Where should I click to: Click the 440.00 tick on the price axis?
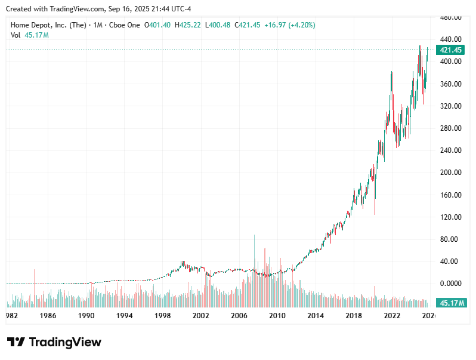(x=450, y=39)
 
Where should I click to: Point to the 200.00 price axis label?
(x=450, y=173)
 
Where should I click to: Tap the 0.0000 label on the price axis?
(x=450, y=284)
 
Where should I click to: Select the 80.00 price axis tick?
(x=450, y=239)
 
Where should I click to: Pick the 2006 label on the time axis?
(x=239, y=316)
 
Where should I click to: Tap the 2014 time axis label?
(x=316, y=316)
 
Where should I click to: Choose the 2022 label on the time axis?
(x=392, y=316)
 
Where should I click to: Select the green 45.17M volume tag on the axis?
(x=452, y=303)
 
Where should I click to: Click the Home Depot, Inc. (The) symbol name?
(x=48, y=25)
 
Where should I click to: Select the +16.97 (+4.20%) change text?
(x=291, y=25)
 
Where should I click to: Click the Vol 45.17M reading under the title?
(x=30, y=35)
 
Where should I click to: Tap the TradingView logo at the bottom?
(x=54, y=342)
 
